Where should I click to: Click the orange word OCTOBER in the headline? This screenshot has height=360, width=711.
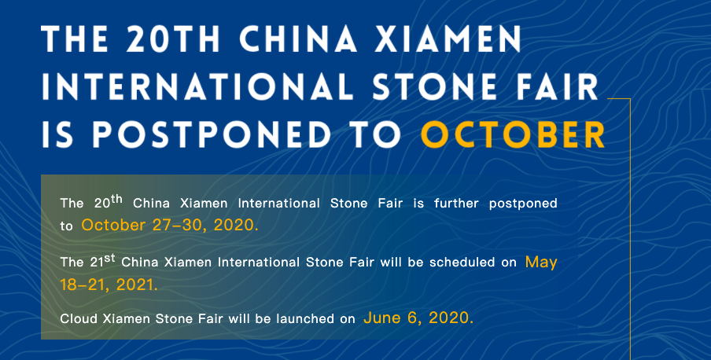513,134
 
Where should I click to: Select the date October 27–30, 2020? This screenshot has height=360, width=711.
170,226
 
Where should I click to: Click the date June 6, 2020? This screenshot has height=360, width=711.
418,318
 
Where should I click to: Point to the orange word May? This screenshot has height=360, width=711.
541,262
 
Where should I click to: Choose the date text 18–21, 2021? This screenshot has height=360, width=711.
109,285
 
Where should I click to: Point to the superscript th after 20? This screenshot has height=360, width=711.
117,199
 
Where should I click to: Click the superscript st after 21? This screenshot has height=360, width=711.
110,258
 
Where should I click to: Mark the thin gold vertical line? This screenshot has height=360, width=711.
630,229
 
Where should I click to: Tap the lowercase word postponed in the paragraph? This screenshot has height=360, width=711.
523,204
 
